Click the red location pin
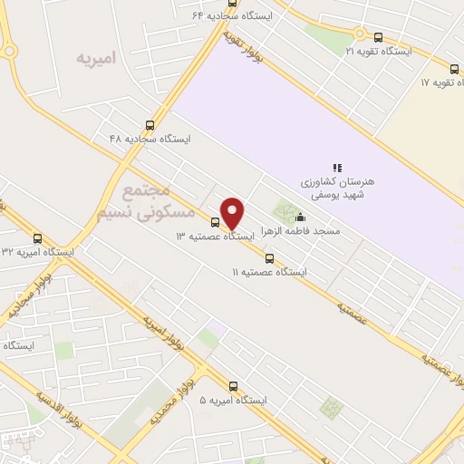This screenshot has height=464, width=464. (x=233, y=213)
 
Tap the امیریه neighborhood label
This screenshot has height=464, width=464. (x=97, y=59)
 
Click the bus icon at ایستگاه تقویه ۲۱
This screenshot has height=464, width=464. (x=378, y=36)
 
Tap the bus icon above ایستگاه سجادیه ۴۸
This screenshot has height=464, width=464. (x=150, y=126)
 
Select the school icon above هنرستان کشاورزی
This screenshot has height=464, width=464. (x=336, y=167)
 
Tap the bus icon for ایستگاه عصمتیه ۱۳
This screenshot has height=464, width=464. (x=215, y=221)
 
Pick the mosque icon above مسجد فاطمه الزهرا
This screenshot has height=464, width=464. (x=301, y=217)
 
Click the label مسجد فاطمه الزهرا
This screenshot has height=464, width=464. (x=301, y=232)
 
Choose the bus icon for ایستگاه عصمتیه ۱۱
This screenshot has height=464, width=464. (x=268, y=258)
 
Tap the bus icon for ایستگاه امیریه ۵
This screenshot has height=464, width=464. (x=234, y=385)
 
